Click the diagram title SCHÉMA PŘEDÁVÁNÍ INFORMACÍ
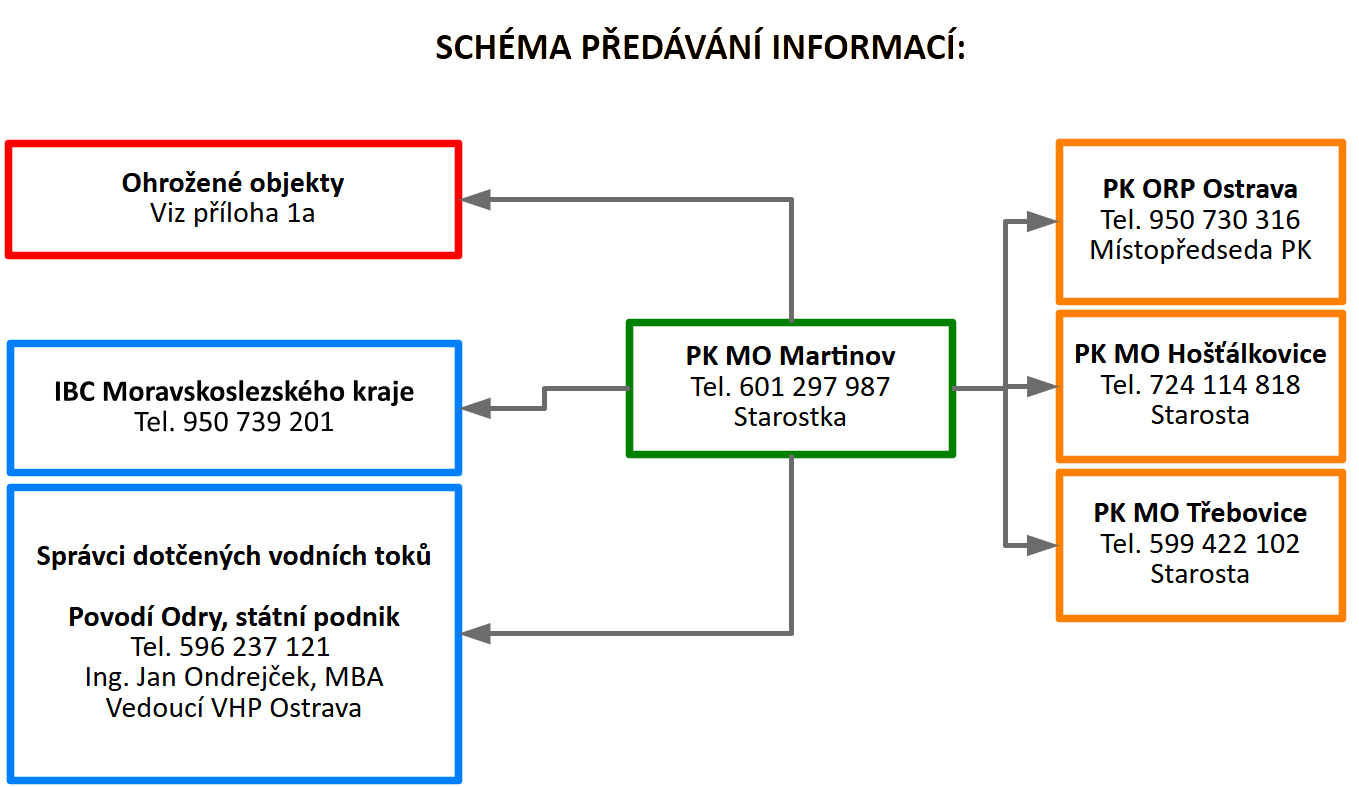[700, 48]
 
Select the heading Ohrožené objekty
[233, 183]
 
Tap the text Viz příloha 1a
[233, 213]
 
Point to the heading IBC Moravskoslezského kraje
[233, 392]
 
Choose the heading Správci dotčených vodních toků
[233, 556]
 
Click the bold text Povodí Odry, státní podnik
[233, 617]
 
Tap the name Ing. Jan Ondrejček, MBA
[233, 678]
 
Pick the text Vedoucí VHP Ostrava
[233, 708]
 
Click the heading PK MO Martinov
[790, 356]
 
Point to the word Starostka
[790, 417]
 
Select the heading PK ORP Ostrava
[1200, 189]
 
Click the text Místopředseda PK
[1200, 250]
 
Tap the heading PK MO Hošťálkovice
[1200, 354]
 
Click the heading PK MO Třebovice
[1200, 514]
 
